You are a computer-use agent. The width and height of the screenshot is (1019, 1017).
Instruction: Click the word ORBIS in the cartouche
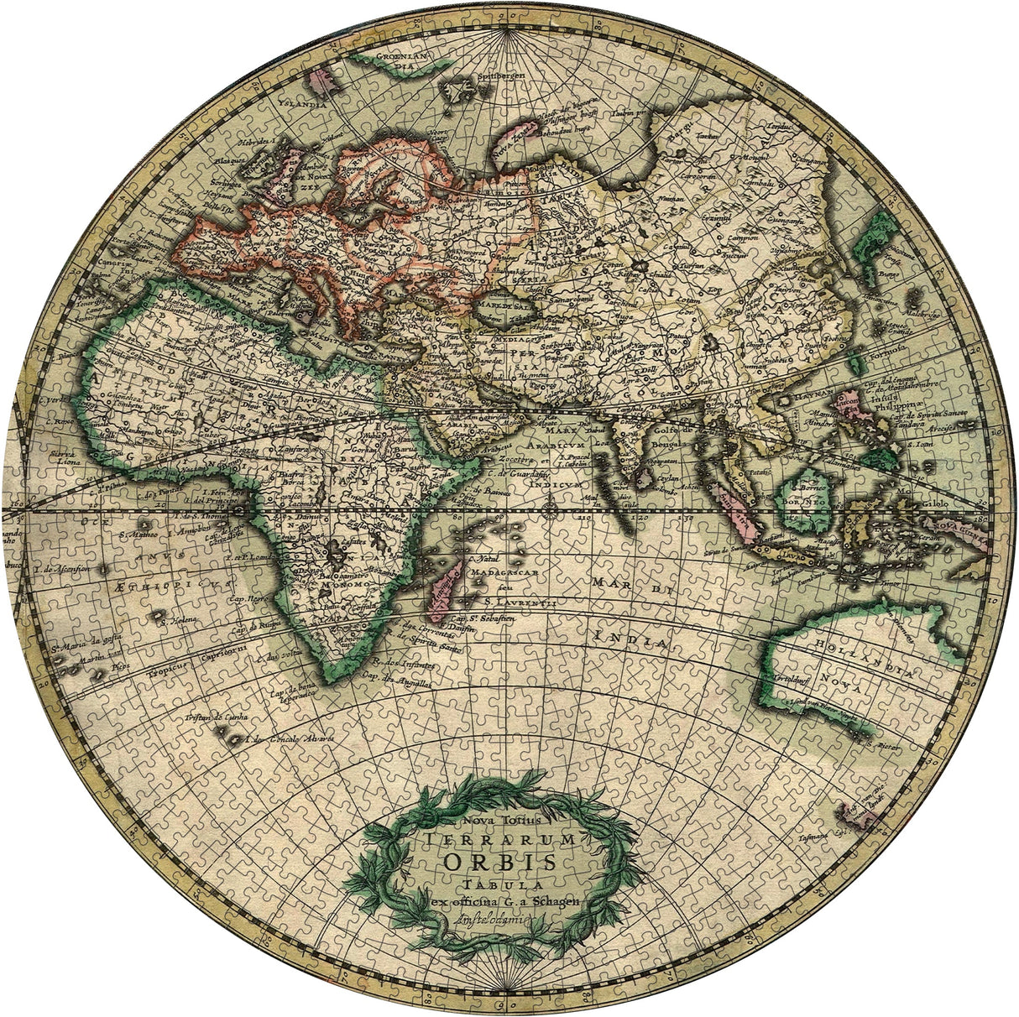(x=499, y=862)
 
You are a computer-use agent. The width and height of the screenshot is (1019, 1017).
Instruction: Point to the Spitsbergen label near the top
(x=501, y=75)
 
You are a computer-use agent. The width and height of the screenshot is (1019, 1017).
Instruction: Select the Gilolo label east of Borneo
(x=935, y=503)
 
